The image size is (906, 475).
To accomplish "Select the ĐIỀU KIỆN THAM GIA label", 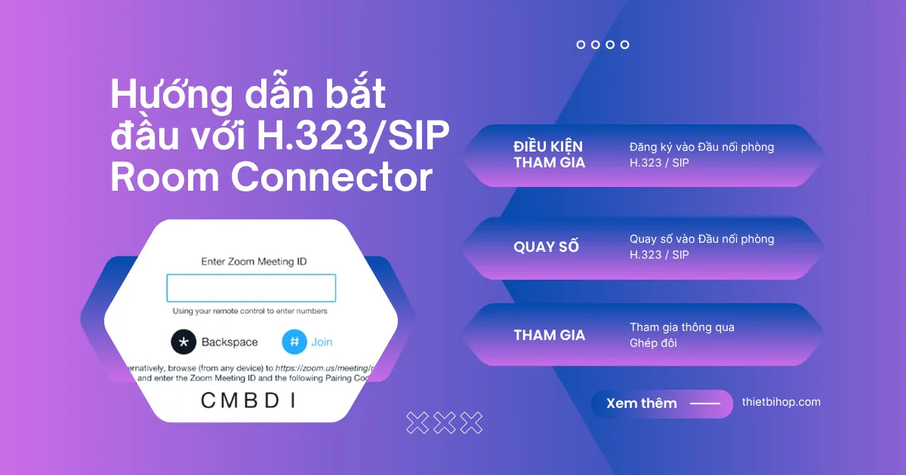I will pos(549,155).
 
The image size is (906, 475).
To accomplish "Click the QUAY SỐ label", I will pos(547,247).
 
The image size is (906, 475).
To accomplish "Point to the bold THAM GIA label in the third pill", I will pos(550,336).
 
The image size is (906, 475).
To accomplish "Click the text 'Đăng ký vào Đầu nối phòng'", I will pos(701,147).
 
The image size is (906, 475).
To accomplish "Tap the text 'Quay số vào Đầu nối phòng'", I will pos(701,239).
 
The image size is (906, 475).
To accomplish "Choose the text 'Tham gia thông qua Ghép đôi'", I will pos(682,335).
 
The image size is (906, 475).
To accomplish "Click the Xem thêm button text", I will pos(642,403).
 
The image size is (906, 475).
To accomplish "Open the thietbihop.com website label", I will pos(781,402).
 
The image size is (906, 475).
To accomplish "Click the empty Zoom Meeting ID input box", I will pos(251,289).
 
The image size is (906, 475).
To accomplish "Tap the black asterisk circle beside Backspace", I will pos(183,342).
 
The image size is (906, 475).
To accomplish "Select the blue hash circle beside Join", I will pos(294,342).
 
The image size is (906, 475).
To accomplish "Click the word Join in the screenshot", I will pos(322,342).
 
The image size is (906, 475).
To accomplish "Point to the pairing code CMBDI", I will pos(248,401).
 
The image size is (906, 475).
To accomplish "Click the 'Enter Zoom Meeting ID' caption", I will pos(254,262).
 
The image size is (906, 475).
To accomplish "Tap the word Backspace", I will pos(230,342).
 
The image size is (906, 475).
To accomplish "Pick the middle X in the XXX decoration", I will pos(445,423).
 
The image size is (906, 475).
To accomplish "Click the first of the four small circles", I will pos(581,44).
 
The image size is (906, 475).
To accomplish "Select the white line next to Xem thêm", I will pos(705,403).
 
